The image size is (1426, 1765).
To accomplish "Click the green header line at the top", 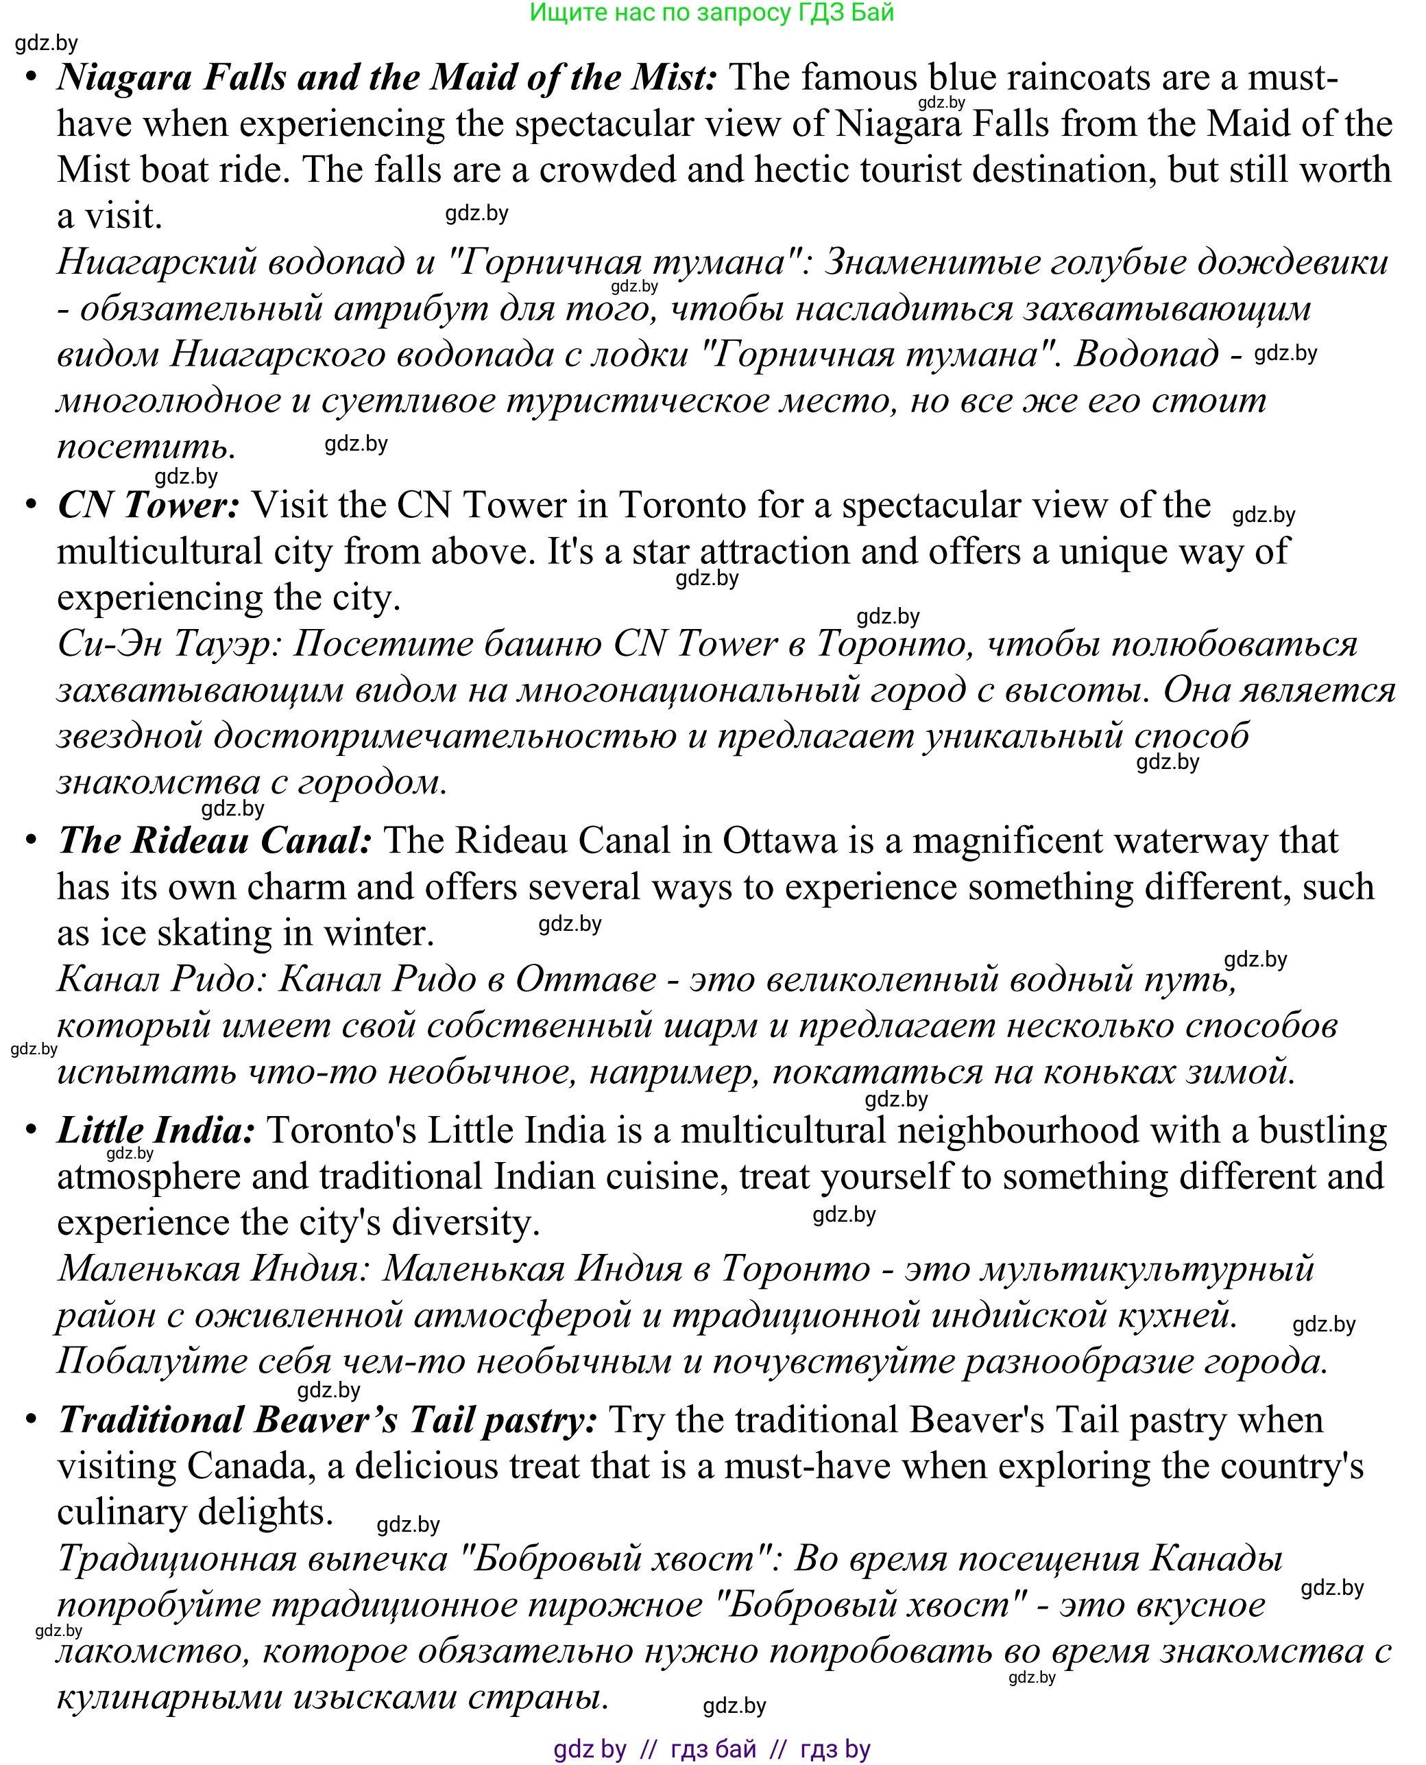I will tap(712, 12).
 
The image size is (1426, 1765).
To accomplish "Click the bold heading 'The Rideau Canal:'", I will tap(215, 840).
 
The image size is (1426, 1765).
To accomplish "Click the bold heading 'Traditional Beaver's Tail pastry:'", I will tap(328, 1421).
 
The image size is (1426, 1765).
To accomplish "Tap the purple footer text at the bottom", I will tap(712, 1749).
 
